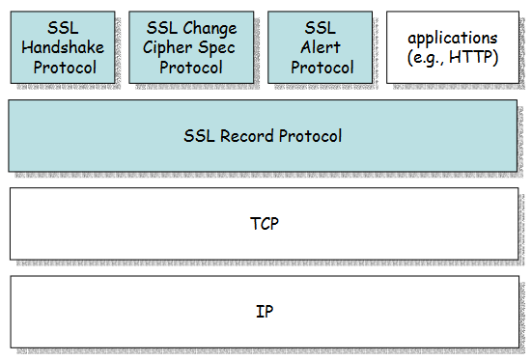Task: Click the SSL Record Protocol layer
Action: click(x=263, y=135)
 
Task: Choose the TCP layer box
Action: click(x=263, y=223)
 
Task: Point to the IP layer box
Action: click(x=263, y=311)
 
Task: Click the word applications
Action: click(x=452, y=39)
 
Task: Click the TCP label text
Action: click(x=263, y=224)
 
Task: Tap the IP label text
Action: click(x=263, y=312)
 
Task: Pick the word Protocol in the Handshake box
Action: click(x=61, y=68)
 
